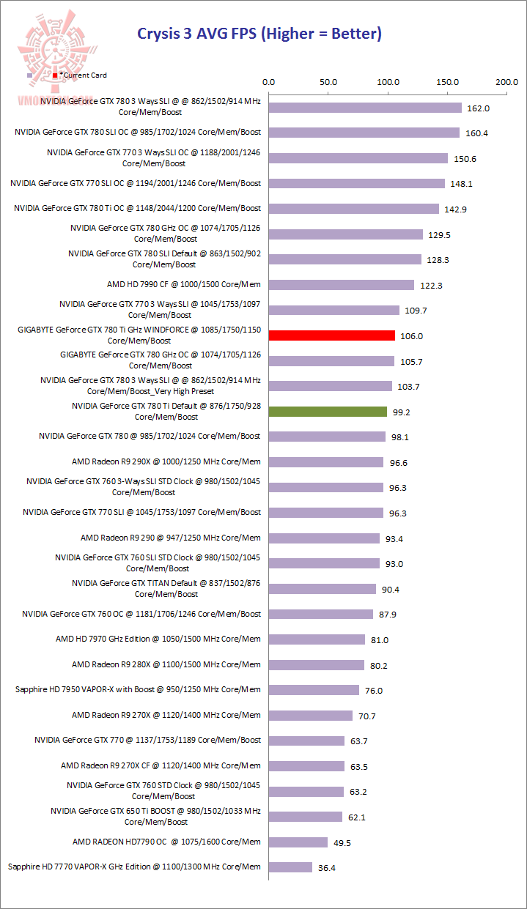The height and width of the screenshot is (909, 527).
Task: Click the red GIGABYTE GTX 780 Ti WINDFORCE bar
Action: [331, 335]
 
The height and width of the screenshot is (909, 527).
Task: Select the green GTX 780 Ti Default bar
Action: [328, 412]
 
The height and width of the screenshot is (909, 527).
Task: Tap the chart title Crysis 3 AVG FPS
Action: [260, 34]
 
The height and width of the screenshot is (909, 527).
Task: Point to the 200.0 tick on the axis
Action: [506, 82]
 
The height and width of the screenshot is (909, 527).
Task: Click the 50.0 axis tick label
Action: [328, 82]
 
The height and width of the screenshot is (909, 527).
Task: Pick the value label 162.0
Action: [478, 108]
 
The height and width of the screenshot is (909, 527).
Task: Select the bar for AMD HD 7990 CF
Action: [342, 285]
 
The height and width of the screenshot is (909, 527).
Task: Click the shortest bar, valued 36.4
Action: [290, 867]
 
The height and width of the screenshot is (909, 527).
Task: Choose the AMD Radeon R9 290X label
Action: [166, 462]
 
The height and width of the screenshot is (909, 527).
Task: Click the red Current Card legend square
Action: [55, 75]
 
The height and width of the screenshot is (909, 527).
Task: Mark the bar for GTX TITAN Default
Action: [323, 589]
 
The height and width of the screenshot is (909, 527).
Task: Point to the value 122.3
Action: [430, 286]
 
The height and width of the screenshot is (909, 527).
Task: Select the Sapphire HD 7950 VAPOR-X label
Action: [138, 689]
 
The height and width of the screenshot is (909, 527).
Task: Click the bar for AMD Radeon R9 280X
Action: [317, 665]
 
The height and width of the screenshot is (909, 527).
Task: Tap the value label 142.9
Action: [455, 209]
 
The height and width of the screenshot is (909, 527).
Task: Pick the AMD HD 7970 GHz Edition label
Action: [158, 639]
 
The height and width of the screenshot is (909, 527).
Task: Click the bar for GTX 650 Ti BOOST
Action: [306, 817]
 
